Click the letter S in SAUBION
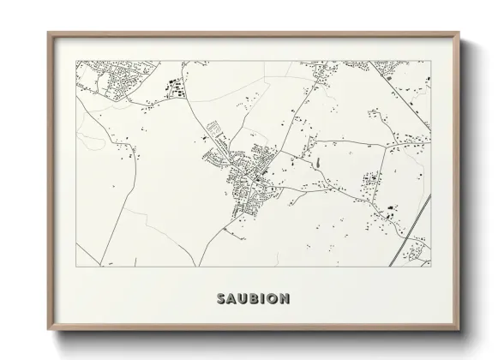pyautogui.click(x=222, y=299)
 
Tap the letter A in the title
pyautogui.click(x=232, y=299)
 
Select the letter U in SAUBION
pyautogui.click(x=243, y=299)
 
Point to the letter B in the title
pyautogui.click(x=255, y=299)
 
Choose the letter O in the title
pyautogui.click(x=272, y=299)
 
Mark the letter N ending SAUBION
pyautogui.click(x=284, y=299)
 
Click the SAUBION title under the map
pyautogui.click(x=253, y=299)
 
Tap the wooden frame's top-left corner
pyautogui.click(x=48, y=33)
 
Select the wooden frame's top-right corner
pyautogui.click(x=459, y=33)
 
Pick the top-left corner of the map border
pyautogui.click(x=76, y=61)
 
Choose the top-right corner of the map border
pyautogui.click(x=430, y=61)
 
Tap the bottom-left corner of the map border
pyautogui.click(x=76, y=266)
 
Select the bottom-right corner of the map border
pyautogui.click(x=430, y=266)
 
